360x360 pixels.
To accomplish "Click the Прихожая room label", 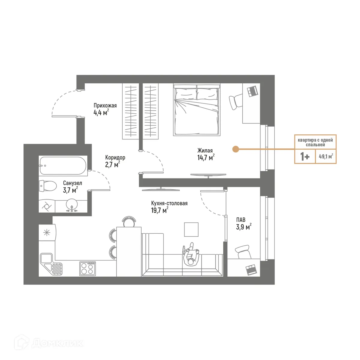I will pos(105,106).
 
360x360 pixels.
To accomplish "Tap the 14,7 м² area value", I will pos(205,157).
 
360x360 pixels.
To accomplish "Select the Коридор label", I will pos(115,157).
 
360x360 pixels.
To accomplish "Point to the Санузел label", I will pos(72,183).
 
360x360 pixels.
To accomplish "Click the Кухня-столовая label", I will pos(169,203).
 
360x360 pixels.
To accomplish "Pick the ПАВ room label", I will pos(241,220).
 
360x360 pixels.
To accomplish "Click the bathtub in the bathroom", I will pos(63,166).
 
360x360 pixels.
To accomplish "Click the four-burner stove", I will pos(88,268).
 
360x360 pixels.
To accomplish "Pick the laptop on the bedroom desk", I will pos(253,91).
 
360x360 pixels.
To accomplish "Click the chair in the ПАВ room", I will pos(243,251).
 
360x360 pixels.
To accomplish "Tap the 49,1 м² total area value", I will pos(326,156).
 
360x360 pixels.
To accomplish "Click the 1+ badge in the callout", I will pos(305,156).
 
